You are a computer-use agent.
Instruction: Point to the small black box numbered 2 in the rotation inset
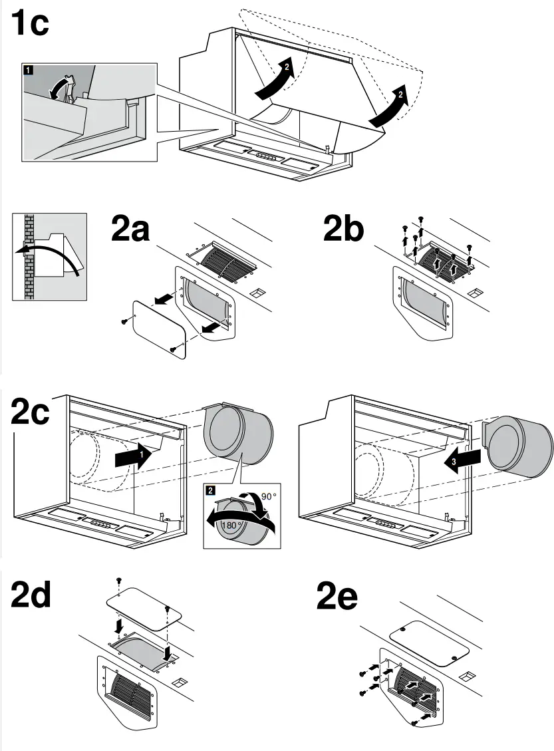pos(211,490)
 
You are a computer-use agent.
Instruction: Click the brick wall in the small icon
pos(27,255)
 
